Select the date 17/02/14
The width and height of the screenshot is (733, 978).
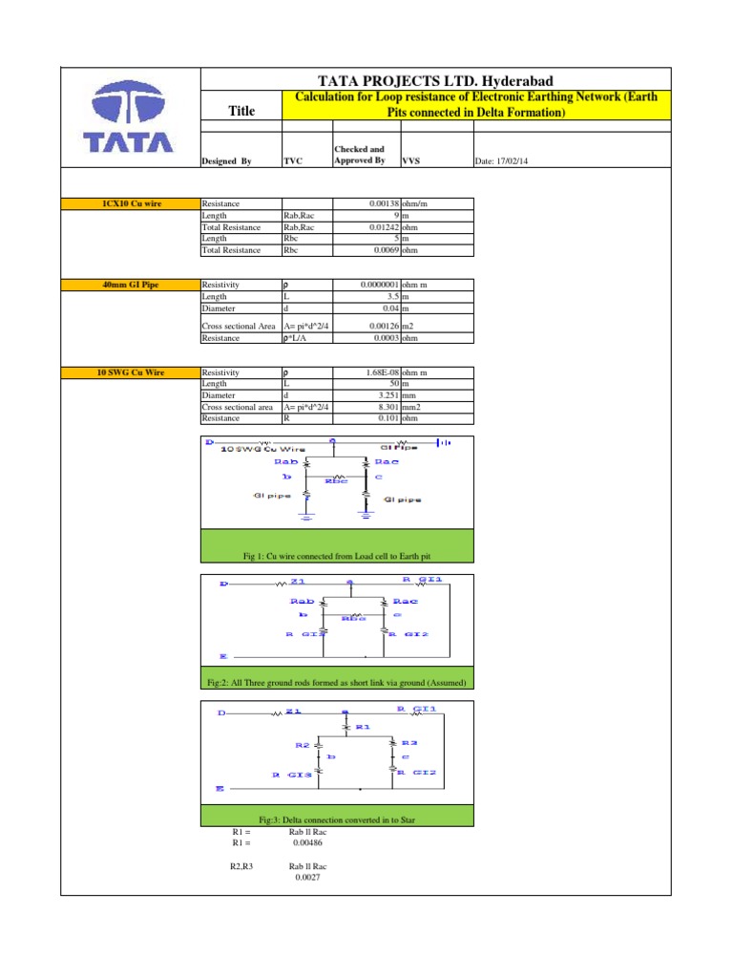tap(501, 161)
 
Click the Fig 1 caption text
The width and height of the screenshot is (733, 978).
tap(336, 556)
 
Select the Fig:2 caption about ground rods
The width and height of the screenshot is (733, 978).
tap(336, 683)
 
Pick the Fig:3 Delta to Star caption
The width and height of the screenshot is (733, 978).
tap(336, 819)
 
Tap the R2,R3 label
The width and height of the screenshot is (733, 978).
tap(241, 866)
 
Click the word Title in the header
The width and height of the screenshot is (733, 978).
tap(241, 112)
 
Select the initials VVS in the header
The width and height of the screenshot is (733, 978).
tap(411, 161)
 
